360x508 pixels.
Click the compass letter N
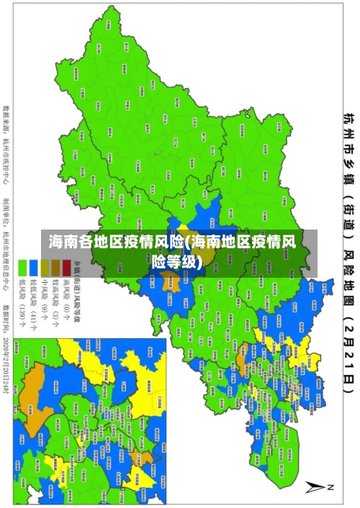point(330,487)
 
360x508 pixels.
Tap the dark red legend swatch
point(66,265)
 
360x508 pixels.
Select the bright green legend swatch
point(22,265)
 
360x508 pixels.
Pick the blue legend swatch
point(33,265)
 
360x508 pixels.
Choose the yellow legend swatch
point(44,265)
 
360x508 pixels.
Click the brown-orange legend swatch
point(55,265)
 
